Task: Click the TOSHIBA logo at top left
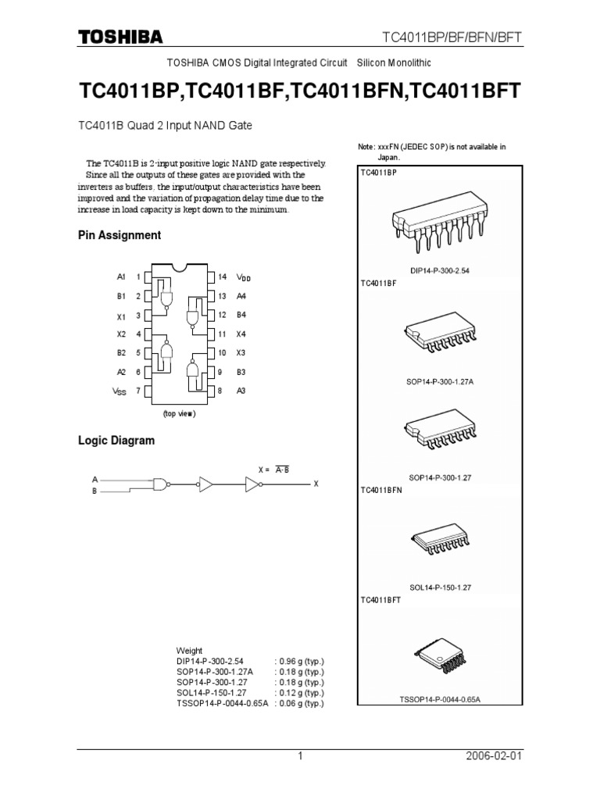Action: click(x=120, y=37)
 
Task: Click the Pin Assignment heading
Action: click(x=120, y=235)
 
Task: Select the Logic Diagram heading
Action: click(x=116, y=441)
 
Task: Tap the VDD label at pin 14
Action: click(x=243, y=277)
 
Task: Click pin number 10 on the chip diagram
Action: click(x=222, y=353)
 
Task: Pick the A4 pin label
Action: click(x=241, y=296)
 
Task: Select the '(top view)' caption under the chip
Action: click(x=179, y=413)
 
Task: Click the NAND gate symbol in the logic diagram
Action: click(x=160, y=484)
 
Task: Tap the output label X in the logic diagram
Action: click(x=316, y=484)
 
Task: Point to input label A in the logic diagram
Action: click(x=95, y=479)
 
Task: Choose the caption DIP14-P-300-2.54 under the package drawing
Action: click(x=444, y=270)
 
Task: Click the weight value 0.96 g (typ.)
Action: click(x=299, y=660)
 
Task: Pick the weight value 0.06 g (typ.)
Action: click(x=299, y=702)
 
